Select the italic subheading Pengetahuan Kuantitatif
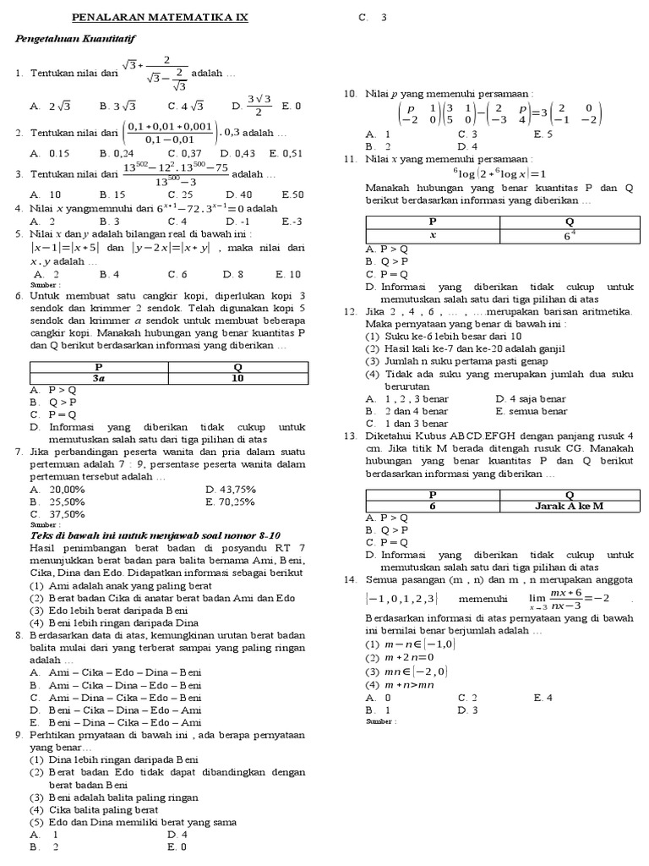point(77,39)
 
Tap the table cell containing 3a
point(99,379)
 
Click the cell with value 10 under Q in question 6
point(237,379)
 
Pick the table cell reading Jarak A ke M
point(569,506)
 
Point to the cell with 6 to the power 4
point(569,235)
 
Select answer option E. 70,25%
point(230,502)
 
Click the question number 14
point(350,579)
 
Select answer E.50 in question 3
point(292,194)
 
